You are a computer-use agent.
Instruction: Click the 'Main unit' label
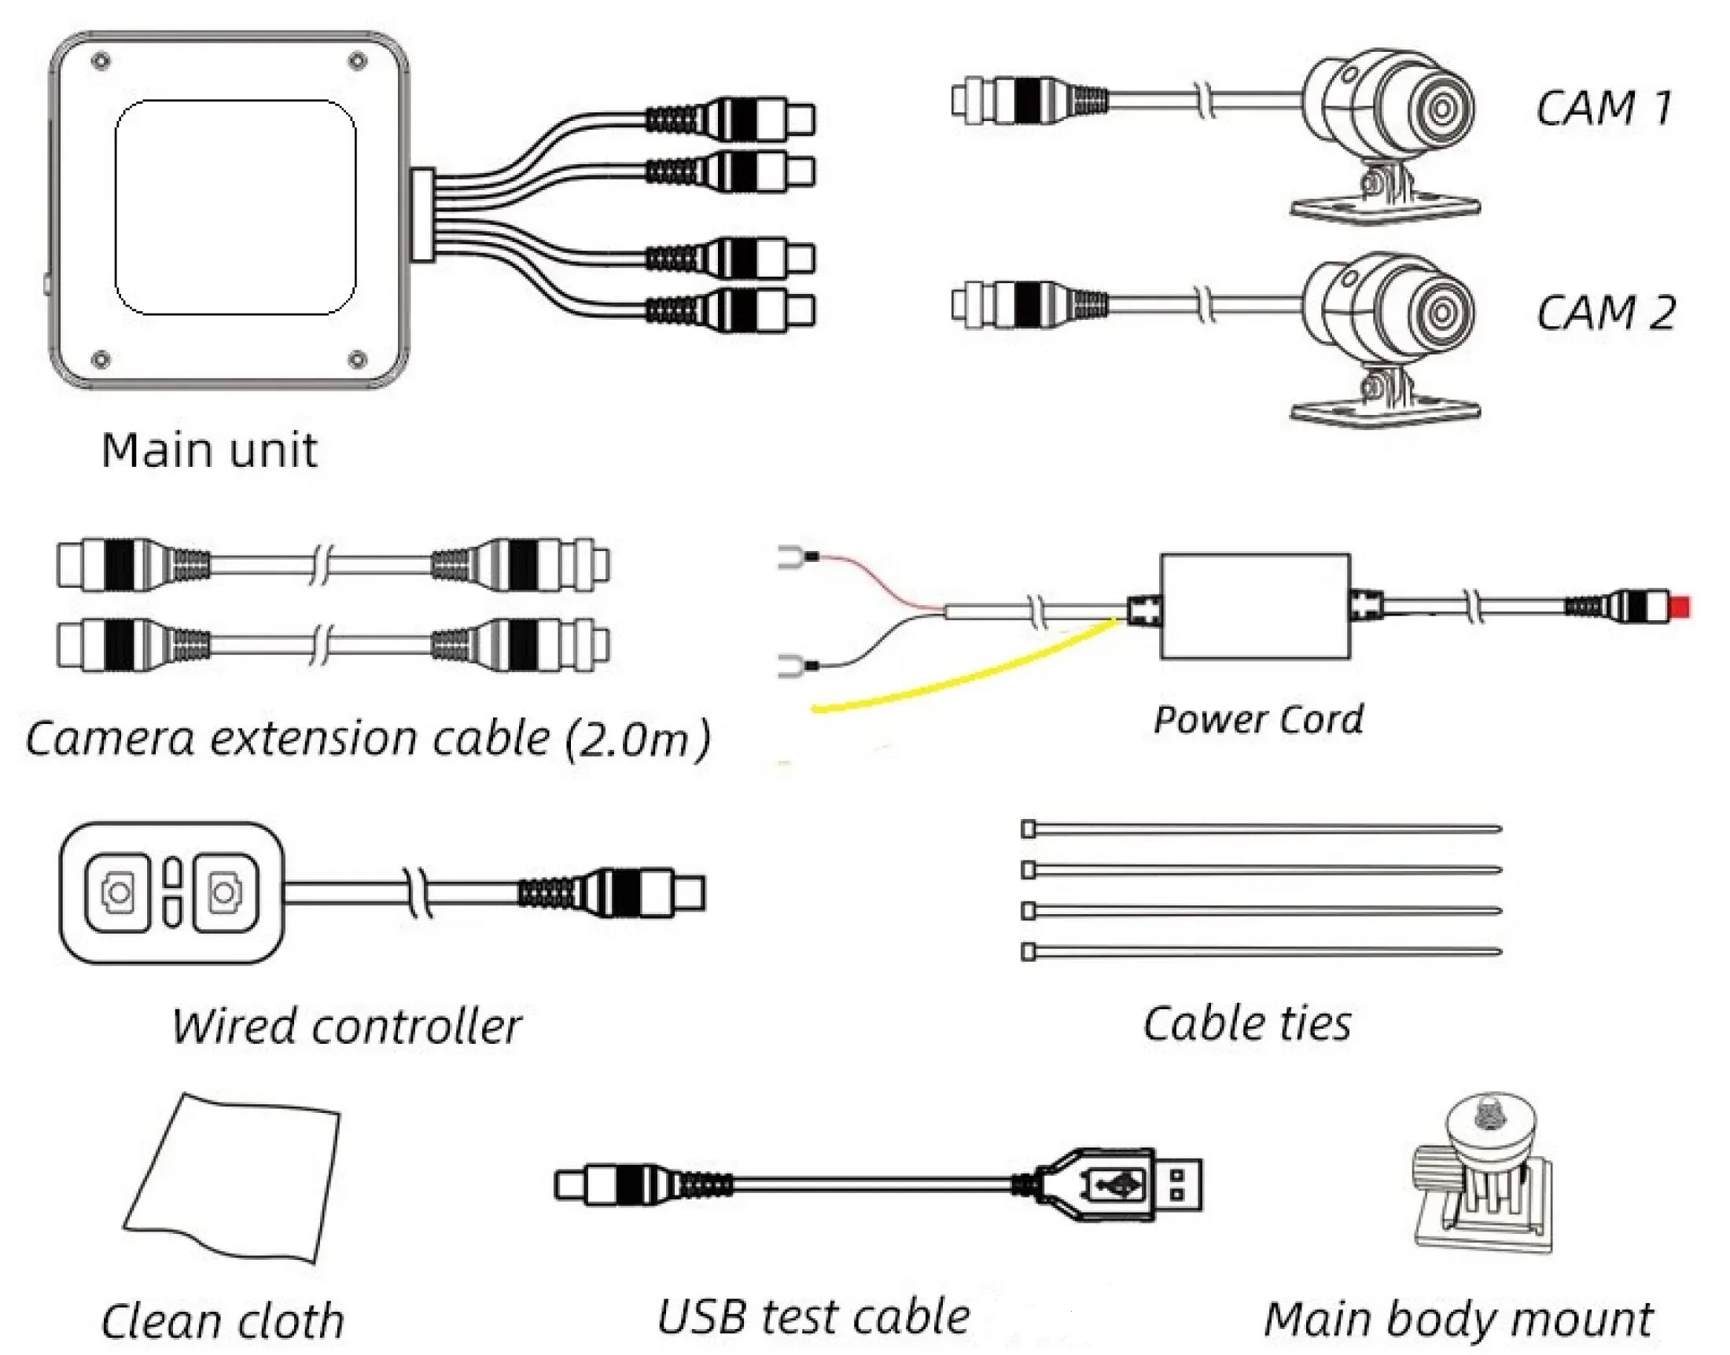[209, 450]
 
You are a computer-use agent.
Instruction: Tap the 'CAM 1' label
[1604, 108]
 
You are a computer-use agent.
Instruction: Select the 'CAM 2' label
[1606, 312]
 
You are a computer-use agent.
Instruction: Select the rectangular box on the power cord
[1255, 606]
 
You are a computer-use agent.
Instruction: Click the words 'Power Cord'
[1258, 719]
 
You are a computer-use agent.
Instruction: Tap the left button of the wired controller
[118, 892]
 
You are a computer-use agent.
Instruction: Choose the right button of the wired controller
[226, 892]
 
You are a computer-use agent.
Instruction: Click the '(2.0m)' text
[637, 739]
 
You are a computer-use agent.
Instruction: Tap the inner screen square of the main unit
[235, 207]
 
